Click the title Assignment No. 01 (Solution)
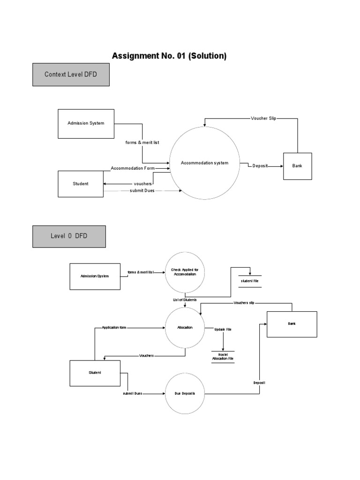click(169, 56)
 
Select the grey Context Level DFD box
click(71, 75)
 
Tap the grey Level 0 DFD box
click(69, 236)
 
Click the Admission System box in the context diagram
click(86, 124)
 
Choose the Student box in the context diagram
click(80, 184)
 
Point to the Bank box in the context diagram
click(297, 166)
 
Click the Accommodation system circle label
click(204, 163)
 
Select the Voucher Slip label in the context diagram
click(263, 119)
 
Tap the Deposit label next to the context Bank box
click(260, 166)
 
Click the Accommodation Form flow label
click(133, 168)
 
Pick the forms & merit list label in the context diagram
click(142, 142)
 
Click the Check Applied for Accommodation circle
click(185, 272)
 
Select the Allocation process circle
click(185, 328)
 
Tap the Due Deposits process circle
click(185, 394)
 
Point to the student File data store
click(249, 281)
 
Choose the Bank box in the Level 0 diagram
click(292, 324)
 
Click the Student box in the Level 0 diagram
click(95, 373)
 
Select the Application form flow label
click(114, 328)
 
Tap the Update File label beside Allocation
click(223, 330)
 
